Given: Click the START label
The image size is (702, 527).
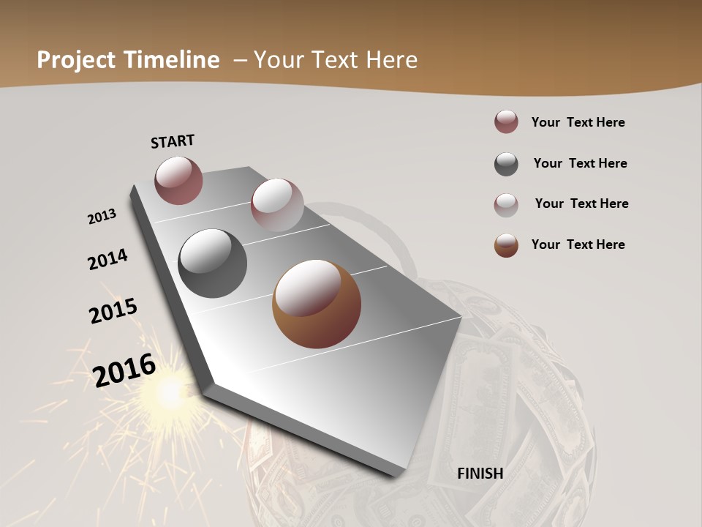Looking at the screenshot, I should [x=173, y=141].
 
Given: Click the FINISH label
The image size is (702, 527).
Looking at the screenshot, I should [x=480, y=474].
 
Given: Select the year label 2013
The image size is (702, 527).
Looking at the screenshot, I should [x=102, y=217].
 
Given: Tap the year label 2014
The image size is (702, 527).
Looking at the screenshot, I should [x=108, y=260].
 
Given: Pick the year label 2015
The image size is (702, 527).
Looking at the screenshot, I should [x=113, y=311].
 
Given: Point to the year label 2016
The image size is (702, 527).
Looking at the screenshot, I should [x=124, y=370].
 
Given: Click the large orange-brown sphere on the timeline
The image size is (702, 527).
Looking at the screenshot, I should [x=317, y=304].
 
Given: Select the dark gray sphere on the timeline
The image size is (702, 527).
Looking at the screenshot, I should [x=212, y=263].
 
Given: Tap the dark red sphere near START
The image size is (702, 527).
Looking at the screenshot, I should [x=178, y=180].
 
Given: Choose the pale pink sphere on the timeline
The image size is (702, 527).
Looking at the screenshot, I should [x=277, y=204].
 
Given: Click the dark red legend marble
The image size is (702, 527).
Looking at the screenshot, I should [x=506, y=122].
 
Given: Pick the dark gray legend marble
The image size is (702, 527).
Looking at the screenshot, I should [x=506, y=164].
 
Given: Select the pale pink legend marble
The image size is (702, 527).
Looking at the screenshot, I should [x=506, y=204].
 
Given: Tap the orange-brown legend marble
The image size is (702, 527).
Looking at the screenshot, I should [x=506, y=245].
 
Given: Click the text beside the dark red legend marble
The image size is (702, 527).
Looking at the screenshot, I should [x=578, y=122].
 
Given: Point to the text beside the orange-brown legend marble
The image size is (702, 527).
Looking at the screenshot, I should [x=578, y=244].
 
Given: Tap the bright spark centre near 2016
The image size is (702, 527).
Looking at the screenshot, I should [x=170, y=393].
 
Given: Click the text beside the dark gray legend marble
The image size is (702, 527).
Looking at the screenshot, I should [x=580, y=163].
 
